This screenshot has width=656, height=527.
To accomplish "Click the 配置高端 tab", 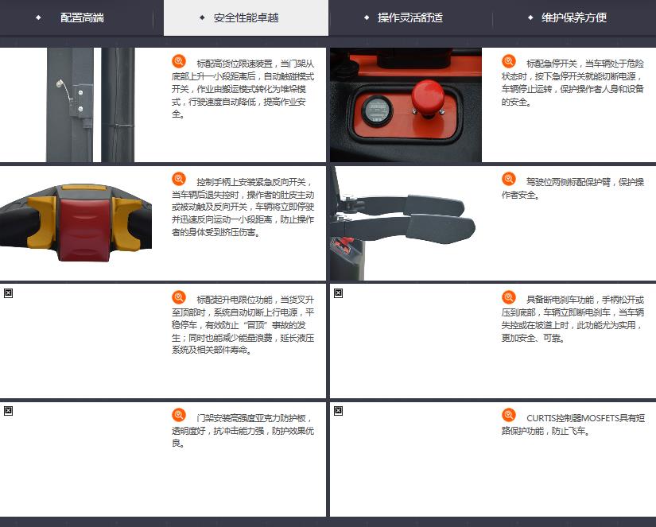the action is [82, 17].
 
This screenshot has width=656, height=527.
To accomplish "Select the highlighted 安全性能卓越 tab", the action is [246, 17].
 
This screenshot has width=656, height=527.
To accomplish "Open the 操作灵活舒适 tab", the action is [410, 17].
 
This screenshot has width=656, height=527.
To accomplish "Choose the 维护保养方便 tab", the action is [574, 17].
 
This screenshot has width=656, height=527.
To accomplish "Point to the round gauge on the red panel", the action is [377, 110].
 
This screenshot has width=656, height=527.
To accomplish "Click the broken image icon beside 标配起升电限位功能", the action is [9, 293].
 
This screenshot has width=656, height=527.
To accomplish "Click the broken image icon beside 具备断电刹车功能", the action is [339, 293].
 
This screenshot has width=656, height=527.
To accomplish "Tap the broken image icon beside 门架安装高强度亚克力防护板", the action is [9, 411].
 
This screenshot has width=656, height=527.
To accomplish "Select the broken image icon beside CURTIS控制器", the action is [339, 411].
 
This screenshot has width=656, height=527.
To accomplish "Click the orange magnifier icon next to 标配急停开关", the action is [509, 61].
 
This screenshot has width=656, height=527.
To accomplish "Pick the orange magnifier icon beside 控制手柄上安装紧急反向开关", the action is [179, 179].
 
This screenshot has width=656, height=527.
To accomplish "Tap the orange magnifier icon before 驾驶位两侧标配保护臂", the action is [509, 179].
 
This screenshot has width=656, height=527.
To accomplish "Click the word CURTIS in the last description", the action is [542, 418].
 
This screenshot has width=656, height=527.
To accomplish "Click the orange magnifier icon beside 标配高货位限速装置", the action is [179, 61].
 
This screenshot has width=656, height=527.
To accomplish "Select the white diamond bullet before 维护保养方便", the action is [530, 17].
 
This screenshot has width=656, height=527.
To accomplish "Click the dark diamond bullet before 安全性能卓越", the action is [203, 17].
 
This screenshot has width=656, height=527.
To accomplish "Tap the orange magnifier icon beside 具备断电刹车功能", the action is [509, 297].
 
